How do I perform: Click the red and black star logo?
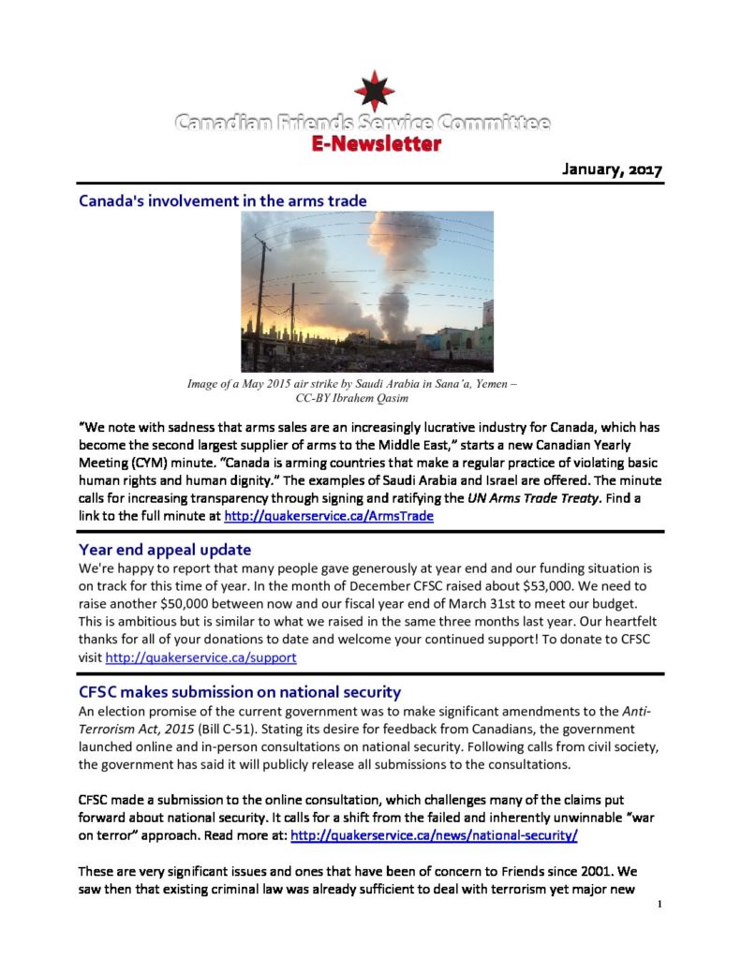point(373,92)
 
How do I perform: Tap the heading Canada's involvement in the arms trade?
point(222,200)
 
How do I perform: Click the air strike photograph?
point(368,291)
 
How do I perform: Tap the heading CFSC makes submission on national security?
point(240,692)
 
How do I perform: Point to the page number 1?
point(660,905)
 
